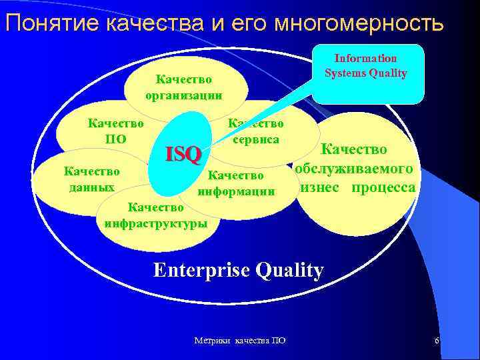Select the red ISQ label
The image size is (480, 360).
tap(183, 155)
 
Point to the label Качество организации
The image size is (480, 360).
tap(184, 87)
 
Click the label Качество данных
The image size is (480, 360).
tap(91, 179)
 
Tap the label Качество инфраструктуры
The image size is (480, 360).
tap(156, 215)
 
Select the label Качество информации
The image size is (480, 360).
tap(236, 183)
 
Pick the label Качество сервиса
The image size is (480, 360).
tap(256, 131)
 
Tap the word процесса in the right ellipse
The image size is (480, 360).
tap(383, 187)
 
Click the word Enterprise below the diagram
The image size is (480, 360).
tap(201, 270)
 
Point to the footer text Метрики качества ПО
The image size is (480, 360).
tap(239, 341)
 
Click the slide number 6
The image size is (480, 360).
tap(437, 341)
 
